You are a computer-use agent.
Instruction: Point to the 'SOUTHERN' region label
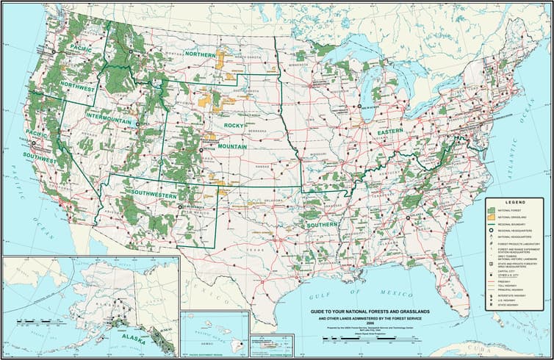click(x=323, y=224)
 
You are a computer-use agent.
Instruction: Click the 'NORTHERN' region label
click(x=200, y=55)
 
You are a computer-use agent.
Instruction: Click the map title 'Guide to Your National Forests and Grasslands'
click(x=364, y=312)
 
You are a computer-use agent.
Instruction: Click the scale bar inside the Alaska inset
click(x=29, y=321)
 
